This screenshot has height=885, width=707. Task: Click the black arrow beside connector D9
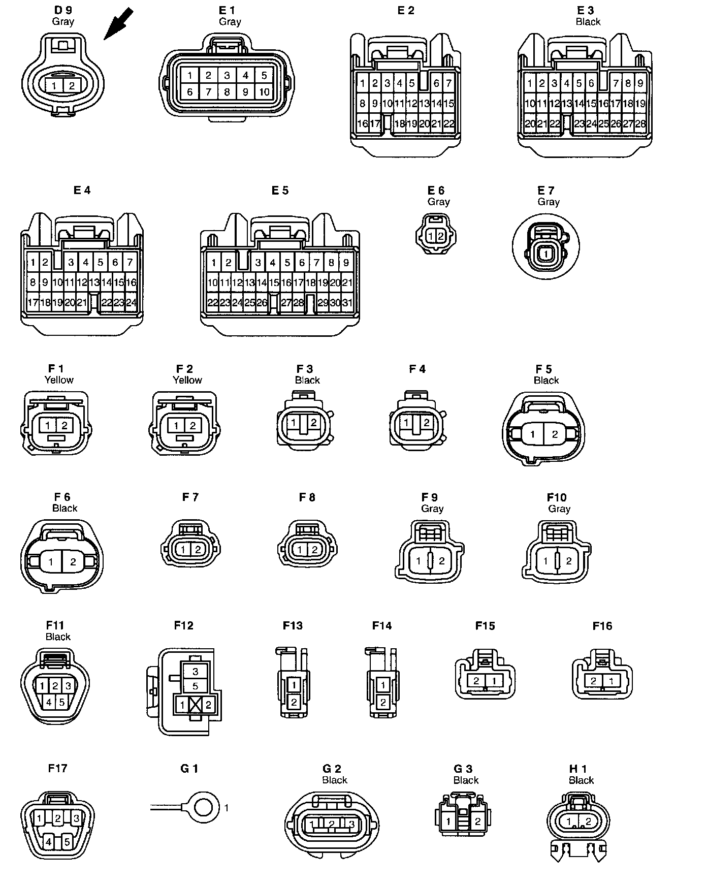pyautogui.click(x=118, y=24)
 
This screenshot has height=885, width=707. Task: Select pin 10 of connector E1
pyautogui.click(x=264, y=92)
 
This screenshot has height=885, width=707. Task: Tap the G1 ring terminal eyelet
pyautogui.click(x=204, y=807)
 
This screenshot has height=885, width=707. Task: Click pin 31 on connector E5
pyautogui.click(x=347, y=303)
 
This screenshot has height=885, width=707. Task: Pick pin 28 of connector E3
pyautogui.click(x=640, y=123)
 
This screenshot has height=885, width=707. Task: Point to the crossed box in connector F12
pyautogui.click(x=196, y=705)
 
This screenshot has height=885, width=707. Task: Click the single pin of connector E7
pyautogui.click(x=545, y=253)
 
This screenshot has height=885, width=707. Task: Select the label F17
pyautogui.click(x=57, y=768)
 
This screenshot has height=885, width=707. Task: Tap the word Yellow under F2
pyautogui.click(x=187, y=380)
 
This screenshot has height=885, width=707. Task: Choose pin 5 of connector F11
pyautogui.click(x=62, y=703)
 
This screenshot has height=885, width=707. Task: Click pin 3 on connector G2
pyautogui.click(x=350, y=824)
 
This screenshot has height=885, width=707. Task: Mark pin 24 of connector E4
pyautogui.click(x=132, y=303)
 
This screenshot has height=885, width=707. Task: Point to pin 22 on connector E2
pyautogui.click(x=449, y=123)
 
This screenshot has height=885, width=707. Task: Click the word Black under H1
pyautogui.click(x=581, y=780)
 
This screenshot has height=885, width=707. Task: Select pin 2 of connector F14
pyautogui.click(x=383, y=703)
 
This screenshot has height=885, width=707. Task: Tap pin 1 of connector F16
pyautogui.click(x=612, y=681)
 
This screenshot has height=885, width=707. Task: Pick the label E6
pyautogui.click(x=436, y=190)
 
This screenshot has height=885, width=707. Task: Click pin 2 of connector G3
pyautogui.click(x=477, y=821)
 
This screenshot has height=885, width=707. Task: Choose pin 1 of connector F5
pyautogui.click(x=532, y=434)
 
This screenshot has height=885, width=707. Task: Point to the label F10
pyautogui.click(x=557, y=497)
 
